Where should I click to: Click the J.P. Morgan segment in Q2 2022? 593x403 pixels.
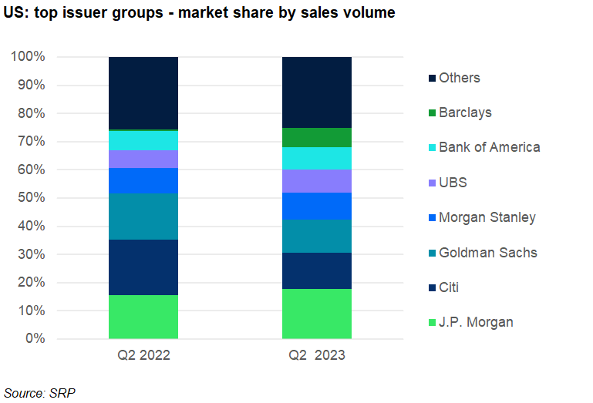(143, 317)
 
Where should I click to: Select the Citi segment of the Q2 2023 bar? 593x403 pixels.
(317, 270)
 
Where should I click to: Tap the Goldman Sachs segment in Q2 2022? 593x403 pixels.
(143, 217)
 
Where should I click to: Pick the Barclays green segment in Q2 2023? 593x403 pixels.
(317, 137)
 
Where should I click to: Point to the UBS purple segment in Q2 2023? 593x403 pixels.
(317, 181)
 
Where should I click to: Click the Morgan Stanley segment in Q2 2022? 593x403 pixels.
(143, 180)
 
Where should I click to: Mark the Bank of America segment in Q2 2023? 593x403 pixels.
(317, 158)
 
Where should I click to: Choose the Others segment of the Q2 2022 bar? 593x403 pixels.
(143, 92)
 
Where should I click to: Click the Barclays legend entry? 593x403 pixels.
(465, 113)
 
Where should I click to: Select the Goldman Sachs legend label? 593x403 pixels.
(487, 253)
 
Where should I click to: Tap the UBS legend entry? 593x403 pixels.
(453, 183)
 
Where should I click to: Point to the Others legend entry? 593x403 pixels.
(459, 78)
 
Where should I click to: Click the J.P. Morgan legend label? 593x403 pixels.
(476, 322)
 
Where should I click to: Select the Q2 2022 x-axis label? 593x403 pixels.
(143, 356)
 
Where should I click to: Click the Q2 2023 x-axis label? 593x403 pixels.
(317, 356)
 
